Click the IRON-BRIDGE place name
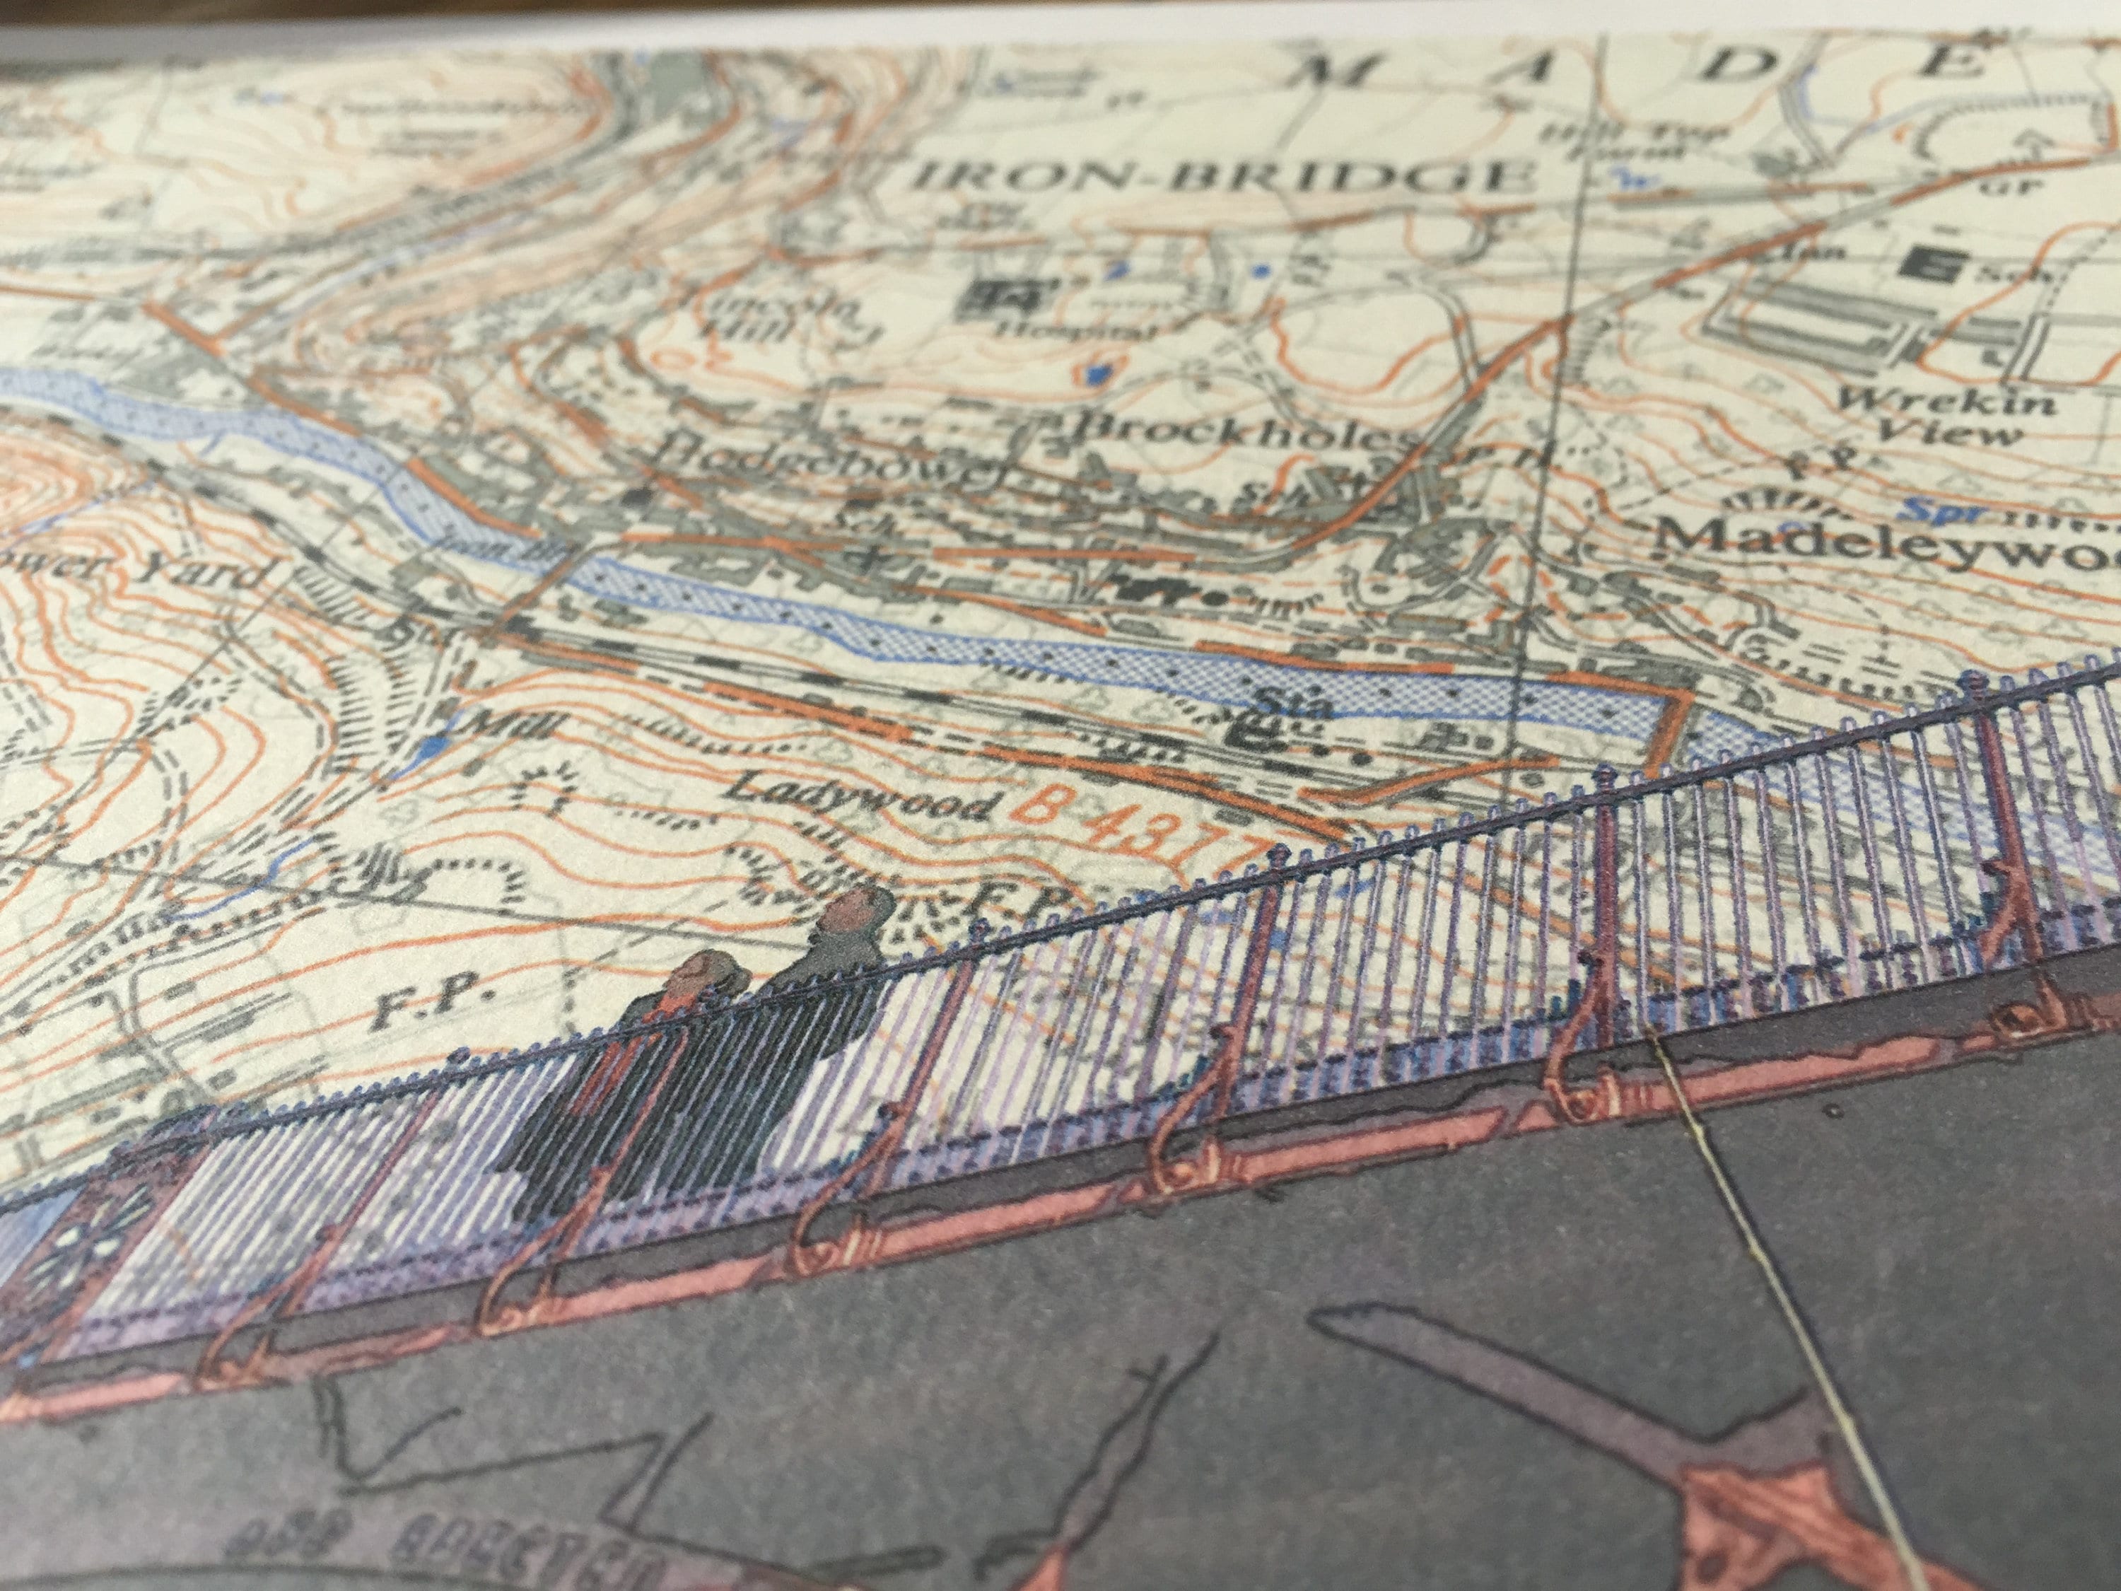point(1217,177)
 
